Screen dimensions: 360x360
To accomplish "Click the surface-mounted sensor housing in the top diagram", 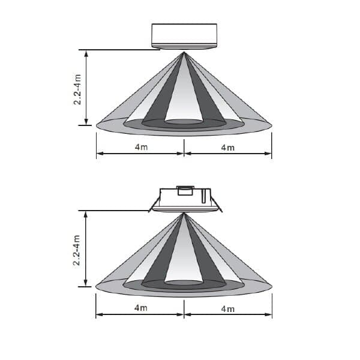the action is click(x=184, y=36).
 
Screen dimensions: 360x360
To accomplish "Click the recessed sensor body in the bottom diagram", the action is click(x=185, y=199).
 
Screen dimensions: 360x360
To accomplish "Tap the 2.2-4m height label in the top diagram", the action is click(x=77, y=89).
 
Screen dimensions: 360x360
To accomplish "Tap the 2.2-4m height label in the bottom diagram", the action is click(x=77, y=250).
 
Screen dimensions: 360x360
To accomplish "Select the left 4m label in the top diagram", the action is click(x=141, y=147).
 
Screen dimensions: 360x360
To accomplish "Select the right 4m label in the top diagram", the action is click(x=228, y=148).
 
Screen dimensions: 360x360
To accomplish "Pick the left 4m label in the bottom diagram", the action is click(x=141, y=308).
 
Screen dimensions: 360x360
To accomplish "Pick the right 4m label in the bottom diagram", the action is click(x=228, y=309).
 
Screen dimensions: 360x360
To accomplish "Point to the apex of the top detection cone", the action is click(x=184, y=52).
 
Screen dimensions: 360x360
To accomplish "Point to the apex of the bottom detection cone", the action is click(x=184, y=213).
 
